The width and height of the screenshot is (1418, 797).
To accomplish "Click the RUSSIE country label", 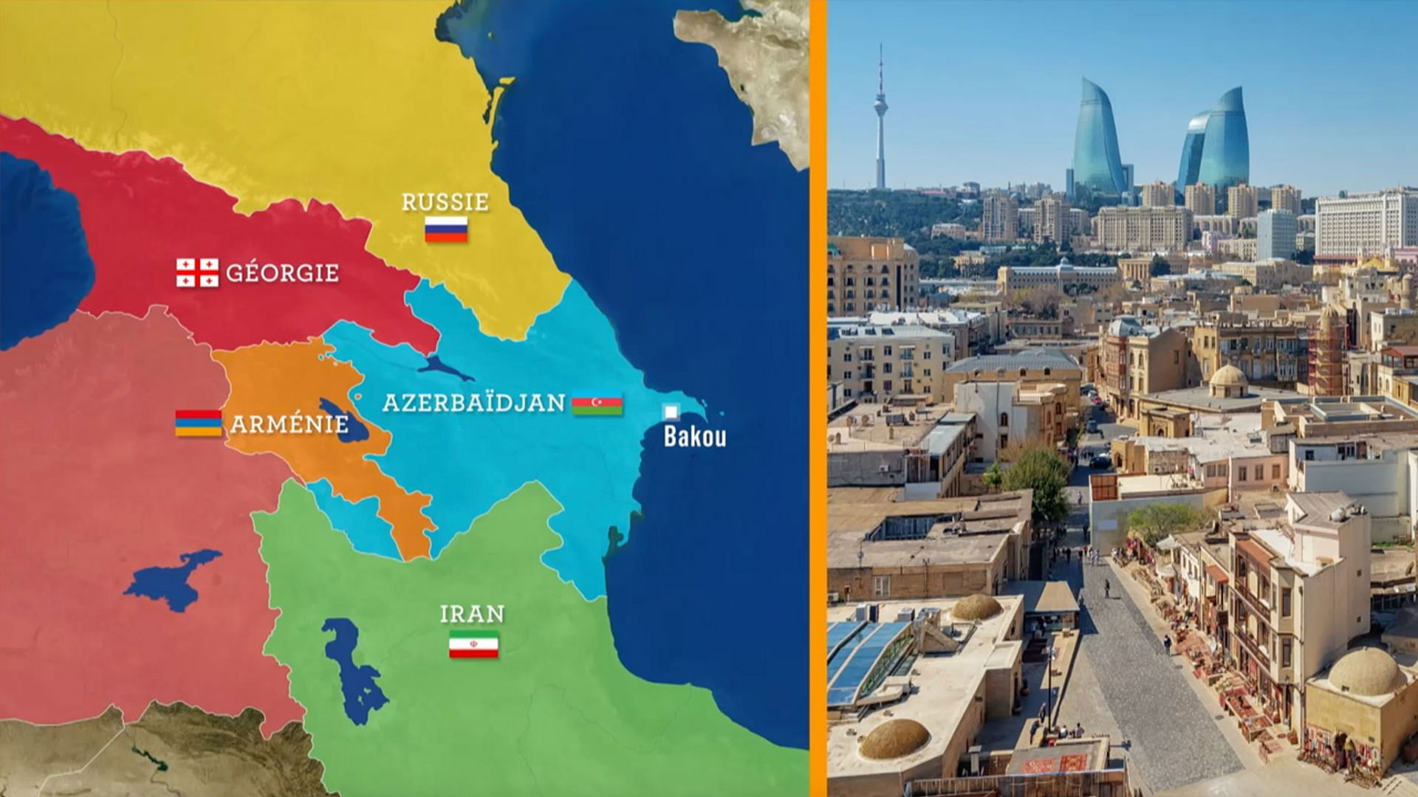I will click(x=445, y=201).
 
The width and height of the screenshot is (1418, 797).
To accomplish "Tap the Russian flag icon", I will click(x=446, y=229).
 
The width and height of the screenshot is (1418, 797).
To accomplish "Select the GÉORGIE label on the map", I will click(x=282, y=272).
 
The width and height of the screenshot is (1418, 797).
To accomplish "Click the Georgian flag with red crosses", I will click(x=197, y=273).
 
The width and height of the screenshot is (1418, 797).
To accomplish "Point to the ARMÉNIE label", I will click(x=289, y=424).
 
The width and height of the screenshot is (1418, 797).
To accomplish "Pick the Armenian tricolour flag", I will click(x=198, y=423).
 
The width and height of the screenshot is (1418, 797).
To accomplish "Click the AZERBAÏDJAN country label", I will click(x=473, y=403).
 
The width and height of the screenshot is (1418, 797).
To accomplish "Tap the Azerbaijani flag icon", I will click(x=597, y=404).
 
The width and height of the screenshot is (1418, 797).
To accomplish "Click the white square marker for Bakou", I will click(x=671, y=412).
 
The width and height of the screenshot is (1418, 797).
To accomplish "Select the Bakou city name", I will click(x=694, y=436).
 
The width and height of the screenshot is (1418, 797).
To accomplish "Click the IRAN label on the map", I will click(x=472, y=614).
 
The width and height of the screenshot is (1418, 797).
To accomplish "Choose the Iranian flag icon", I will click(x=473, y=644).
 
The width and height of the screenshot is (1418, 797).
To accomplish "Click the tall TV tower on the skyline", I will click(x=880, y=118).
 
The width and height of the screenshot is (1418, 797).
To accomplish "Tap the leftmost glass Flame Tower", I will click(x=1097, y=140).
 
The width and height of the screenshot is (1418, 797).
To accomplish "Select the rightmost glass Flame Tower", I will click(x=1225, y=140).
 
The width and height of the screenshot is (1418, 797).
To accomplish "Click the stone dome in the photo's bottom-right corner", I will click(x=1366, y=672).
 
